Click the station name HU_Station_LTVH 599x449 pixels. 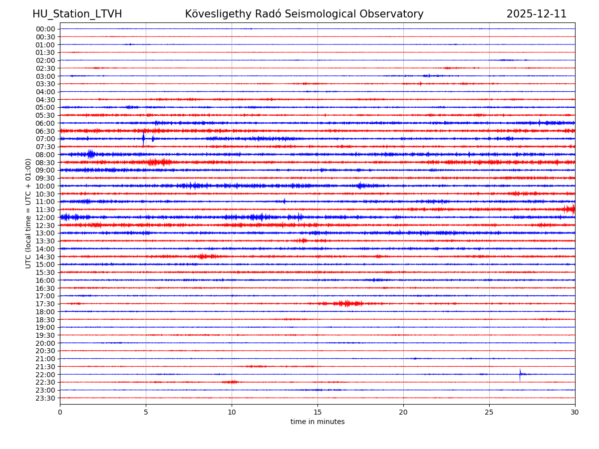click(77, 14)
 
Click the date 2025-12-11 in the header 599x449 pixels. click(536, 14)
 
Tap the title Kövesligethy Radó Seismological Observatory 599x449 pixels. click(304, 14)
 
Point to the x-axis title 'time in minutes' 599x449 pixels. click(317, 422)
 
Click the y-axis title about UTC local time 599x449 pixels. click(28, 213)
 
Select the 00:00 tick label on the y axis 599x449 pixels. click(45, 29)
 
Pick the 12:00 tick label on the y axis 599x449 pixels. click(45, 218)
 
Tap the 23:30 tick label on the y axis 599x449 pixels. click(45, 398)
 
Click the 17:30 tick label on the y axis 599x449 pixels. click(45, 304)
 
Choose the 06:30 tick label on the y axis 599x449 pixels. click(45, 131)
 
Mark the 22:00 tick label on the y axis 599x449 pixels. click(45, 375)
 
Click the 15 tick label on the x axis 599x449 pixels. click(317, 413)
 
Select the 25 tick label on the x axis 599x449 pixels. click(489, 413)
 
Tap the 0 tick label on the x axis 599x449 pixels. click(60, 413)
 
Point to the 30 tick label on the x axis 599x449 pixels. click(575, 413)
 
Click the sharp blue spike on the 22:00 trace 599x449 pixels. click(520, 374)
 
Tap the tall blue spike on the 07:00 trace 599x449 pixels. click(143, 139)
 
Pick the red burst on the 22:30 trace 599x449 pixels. click(231, 382)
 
